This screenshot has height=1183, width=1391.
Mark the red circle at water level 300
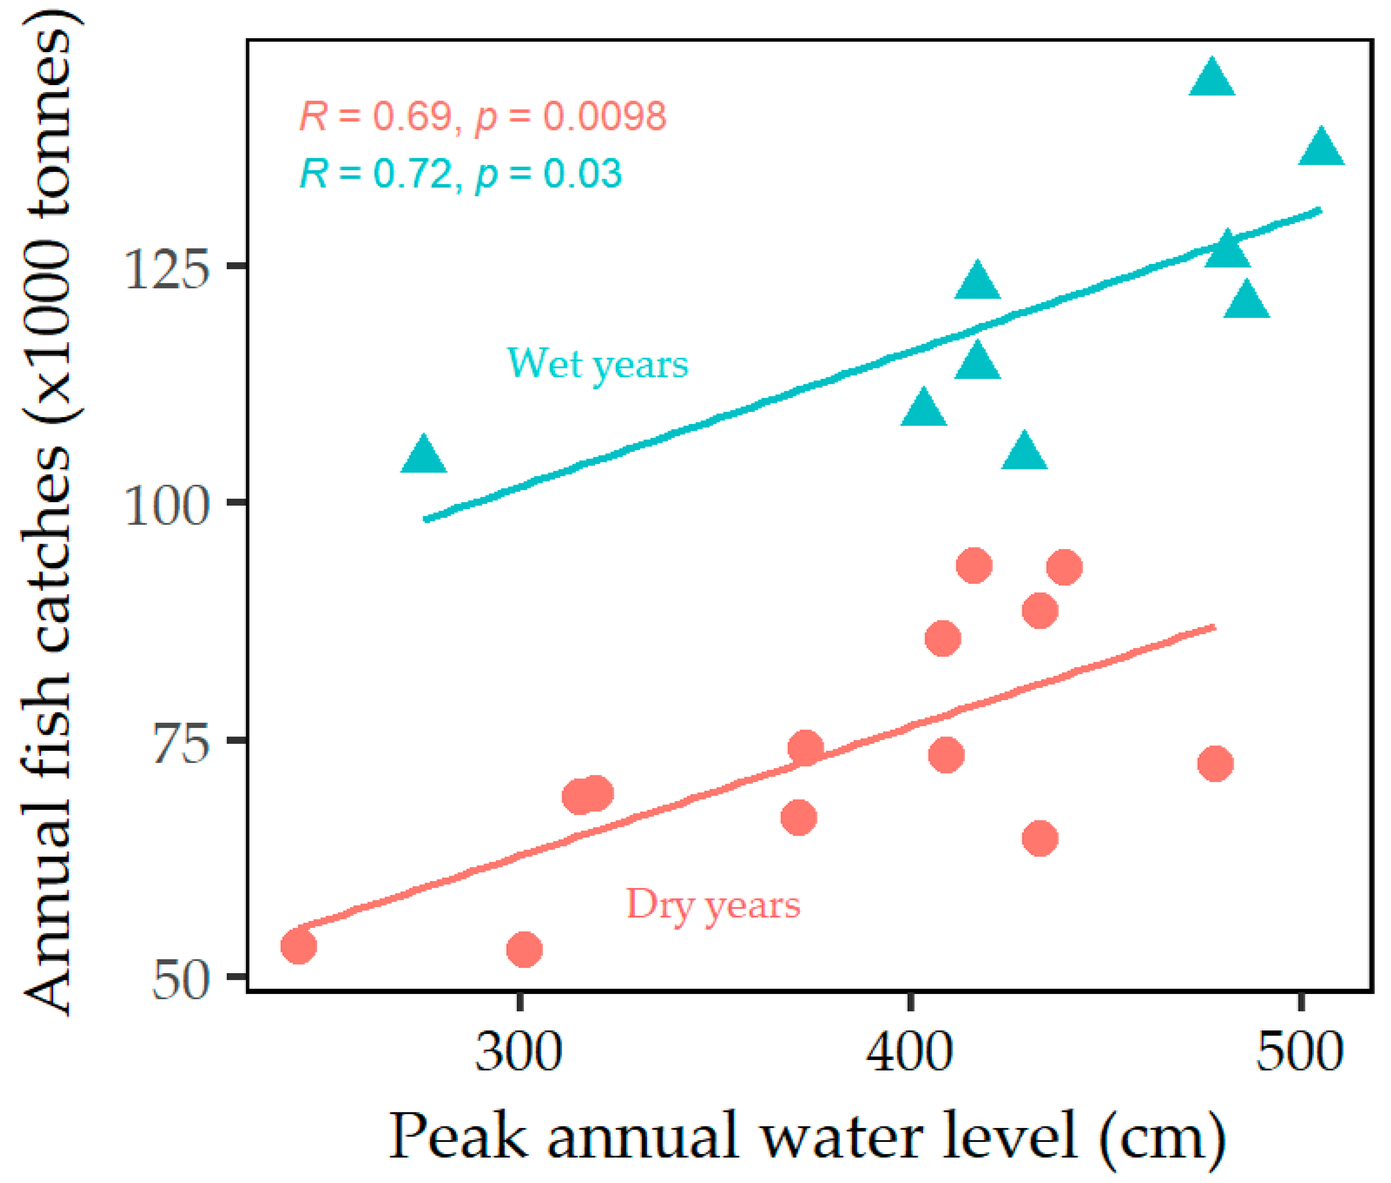[524, 950]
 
